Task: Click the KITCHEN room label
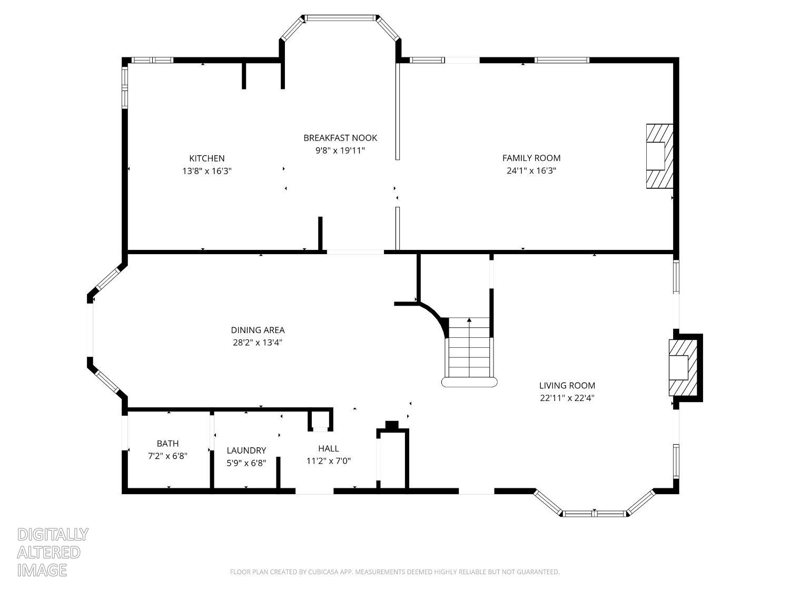click(x=207, y=158)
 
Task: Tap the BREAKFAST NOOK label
click(x=340, y=138)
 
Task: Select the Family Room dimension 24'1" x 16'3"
click(x=531, y=170)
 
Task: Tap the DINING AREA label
click(x=258, y=330)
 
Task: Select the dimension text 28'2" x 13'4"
click(x=258, y=343)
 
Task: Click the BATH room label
click(x=167, y=444)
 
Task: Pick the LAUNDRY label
click(x=246, y=450)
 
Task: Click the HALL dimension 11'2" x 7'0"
click(x=329, y=461)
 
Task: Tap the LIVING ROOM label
click(x=567, y=386)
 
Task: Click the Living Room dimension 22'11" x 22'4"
click(x=567, y=398)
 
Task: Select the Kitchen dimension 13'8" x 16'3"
click(x=207, y=171)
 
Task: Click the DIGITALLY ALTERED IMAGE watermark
click(x=52, y=552)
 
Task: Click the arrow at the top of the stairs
click(x=469, y=320)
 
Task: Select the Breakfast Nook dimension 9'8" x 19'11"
click(x=340, y=150)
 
